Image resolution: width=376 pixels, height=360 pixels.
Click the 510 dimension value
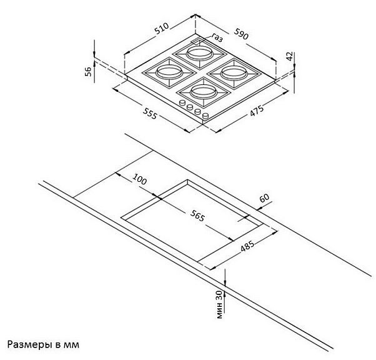click(162, 29)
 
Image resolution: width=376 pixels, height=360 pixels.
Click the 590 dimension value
click(241, 34)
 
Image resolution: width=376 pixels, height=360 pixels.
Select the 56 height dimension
click(89, 71)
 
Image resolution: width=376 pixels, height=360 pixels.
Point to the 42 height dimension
click(290, 56)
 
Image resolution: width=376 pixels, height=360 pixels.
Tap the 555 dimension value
click(150, 113)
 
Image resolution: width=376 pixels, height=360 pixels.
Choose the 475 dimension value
click(257, 111)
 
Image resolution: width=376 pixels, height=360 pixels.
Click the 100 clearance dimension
click(139, 179)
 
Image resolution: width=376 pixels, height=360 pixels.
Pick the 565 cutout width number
click(197, 216)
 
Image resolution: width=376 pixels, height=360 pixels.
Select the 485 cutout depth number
click(247, 246)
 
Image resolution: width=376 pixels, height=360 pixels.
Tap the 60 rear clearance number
click(264, 198)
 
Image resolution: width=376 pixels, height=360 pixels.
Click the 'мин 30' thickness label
click(219, 304)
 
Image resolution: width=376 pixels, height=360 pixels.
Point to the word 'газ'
click(217, 37)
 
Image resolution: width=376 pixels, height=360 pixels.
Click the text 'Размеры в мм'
click(43, 344)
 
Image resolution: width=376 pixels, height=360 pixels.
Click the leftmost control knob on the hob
click(183, 103)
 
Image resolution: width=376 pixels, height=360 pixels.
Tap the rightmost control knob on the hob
click(205, 116)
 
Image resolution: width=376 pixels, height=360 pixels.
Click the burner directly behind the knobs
click(204, 92)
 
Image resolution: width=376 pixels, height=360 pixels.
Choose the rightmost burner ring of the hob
click(234, 73)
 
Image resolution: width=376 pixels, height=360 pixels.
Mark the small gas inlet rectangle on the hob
click(197, 41)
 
